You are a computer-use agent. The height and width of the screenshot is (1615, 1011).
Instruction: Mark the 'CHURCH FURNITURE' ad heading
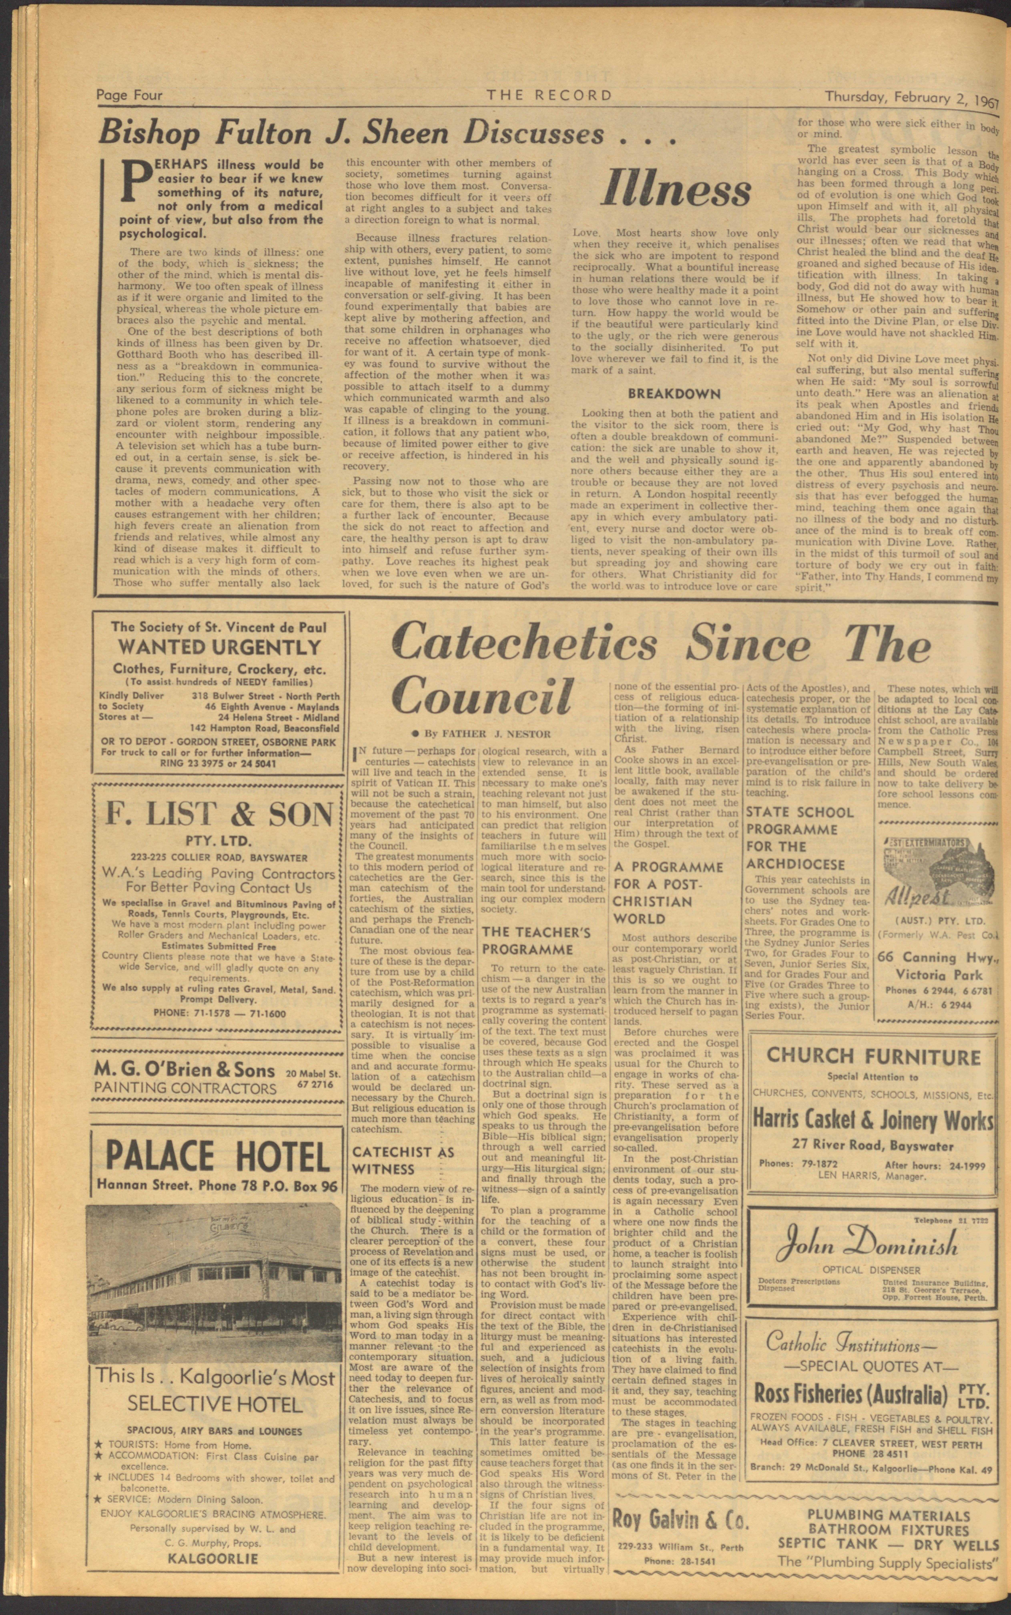[x=873, y=1056]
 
